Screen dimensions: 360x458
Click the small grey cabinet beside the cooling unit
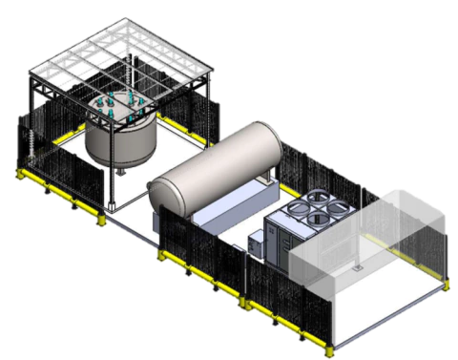pos(257,244)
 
